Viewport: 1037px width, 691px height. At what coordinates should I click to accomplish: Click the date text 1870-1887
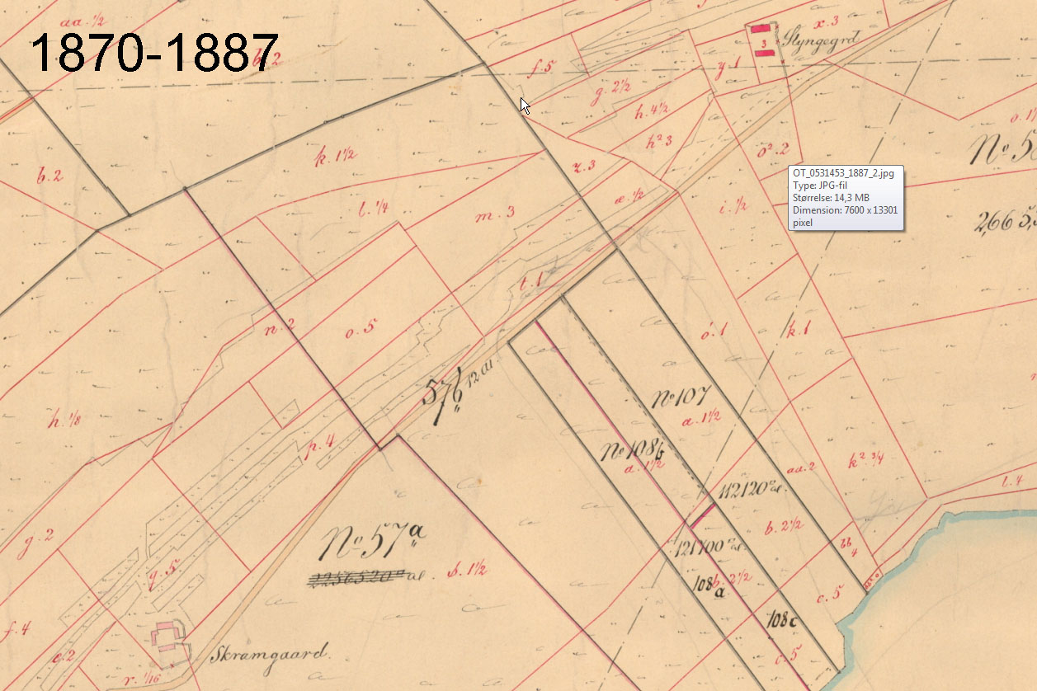point(153,54)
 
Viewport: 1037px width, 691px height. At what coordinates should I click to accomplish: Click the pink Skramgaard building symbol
point(169,637)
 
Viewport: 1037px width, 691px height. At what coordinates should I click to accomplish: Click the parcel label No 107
point(681,398)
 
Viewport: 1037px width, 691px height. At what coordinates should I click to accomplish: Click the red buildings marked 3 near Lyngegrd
point(764,40)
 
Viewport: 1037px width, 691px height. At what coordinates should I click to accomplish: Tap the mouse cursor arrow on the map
point(524,106)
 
